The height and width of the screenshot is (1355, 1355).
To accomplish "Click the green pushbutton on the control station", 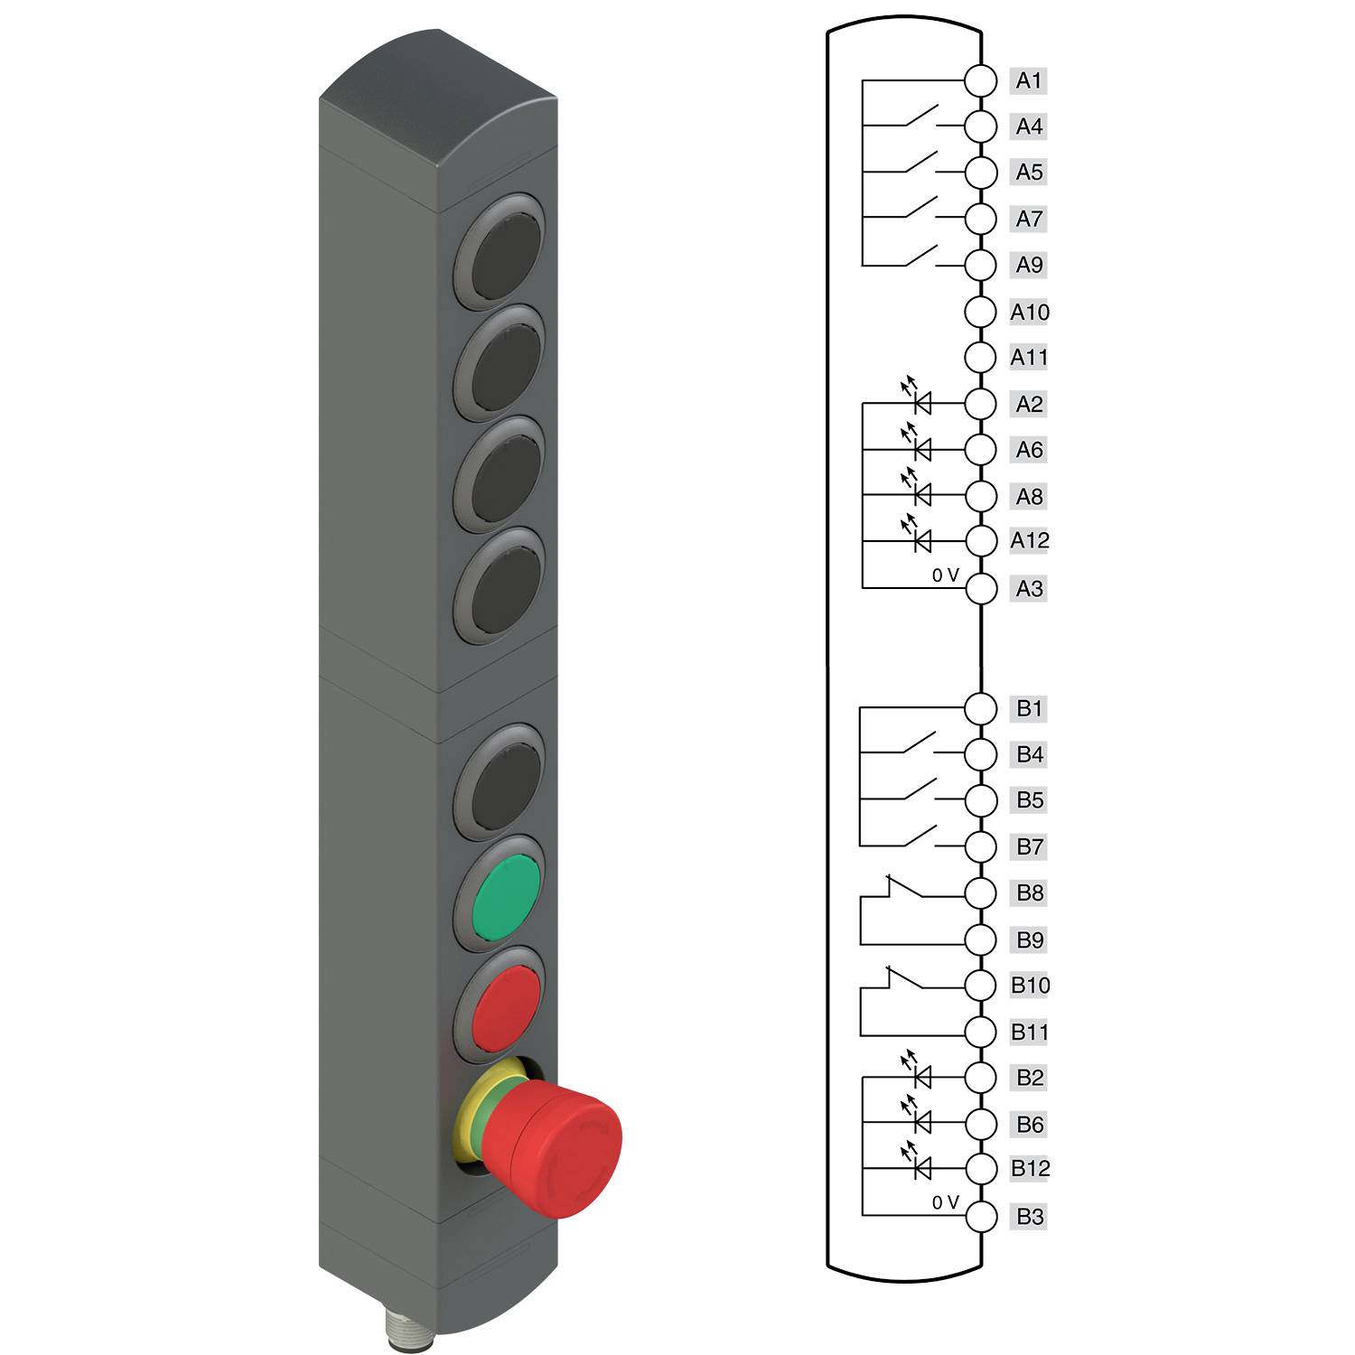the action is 506,898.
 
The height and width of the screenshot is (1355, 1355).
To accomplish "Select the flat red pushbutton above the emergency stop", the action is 506,1008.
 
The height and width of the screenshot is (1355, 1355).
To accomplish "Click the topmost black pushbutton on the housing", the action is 506,256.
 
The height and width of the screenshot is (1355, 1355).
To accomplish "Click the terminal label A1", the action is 1029,80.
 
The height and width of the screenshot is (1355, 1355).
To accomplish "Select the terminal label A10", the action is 1030,313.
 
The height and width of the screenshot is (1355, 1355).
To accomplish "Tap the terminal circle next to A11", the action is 980,357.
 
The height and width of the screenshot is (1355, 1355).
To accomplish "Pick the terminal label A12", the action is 1030,540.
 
